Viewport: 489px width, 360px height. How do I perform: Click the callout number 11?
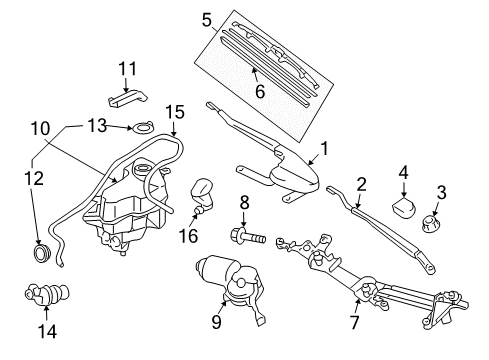(x=126, y=68)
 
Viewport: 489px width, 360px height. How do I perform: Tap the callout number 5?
(x=206, y=18)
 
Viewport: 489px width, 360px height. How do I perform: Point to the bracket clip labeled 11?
(x=126, y=97)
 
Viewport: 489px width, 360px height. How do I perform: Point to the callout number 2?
(x=362, y=183)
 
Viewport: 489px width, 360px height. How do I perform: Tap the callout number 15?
(x=175, y=111)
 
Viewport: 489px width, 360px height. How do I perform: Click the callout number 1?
(x=323, y=152)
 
